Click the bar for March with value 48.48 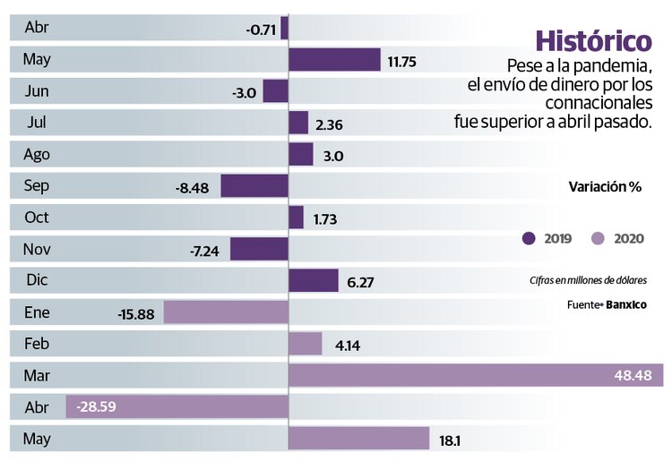(475, 375)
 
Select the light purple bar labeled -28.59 (177, 406)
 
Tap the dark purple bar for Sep (254, 186)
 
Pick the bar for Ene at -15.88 (226, 312)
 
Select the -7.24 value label (205, 250)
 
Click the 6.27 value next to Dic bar (359, 281)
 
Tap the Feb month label (37, 344)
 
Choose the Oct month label (37, 218)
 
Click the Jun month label (37, 91)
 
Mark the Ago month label (37, 154)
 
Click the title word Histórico (592, 41)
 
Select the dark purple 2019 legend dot (529, 238)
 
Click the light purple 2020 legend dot (599, 238)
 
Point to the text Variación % (605, 187)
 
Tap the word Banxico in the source (626, 304)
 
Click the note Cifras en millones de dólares (587, 281)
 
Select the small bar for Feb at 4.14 (306, 344)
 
